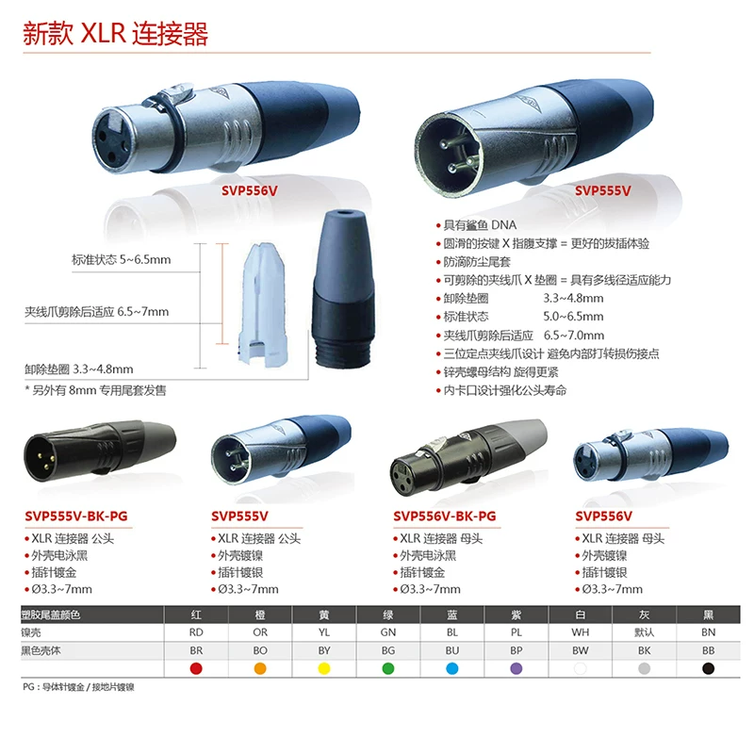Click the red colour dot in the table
(196, 668)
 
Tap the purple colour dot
(516, 668)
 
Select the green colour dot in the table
(388, 668)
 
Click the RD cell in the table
(196, 632)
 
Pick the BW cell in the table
(581, 650)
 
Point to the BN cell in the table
(709, 632)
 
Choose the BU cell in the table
(452, 650)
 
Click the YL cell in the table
(324, 632)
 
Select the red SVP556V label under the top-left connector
(250, 191)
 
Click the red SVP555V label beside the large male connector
(602, 191)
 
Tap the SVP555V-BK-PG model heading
(76, 516)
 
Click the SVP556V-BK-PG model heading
(445, 516)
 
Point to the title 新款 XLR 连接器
(115, 33)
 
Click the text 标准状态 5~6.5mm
(122, 260)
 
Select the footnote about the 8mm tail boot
(95, 390)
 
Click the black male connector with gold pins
(100, 452)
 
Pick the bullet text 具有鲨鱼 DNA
(480, 225)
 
